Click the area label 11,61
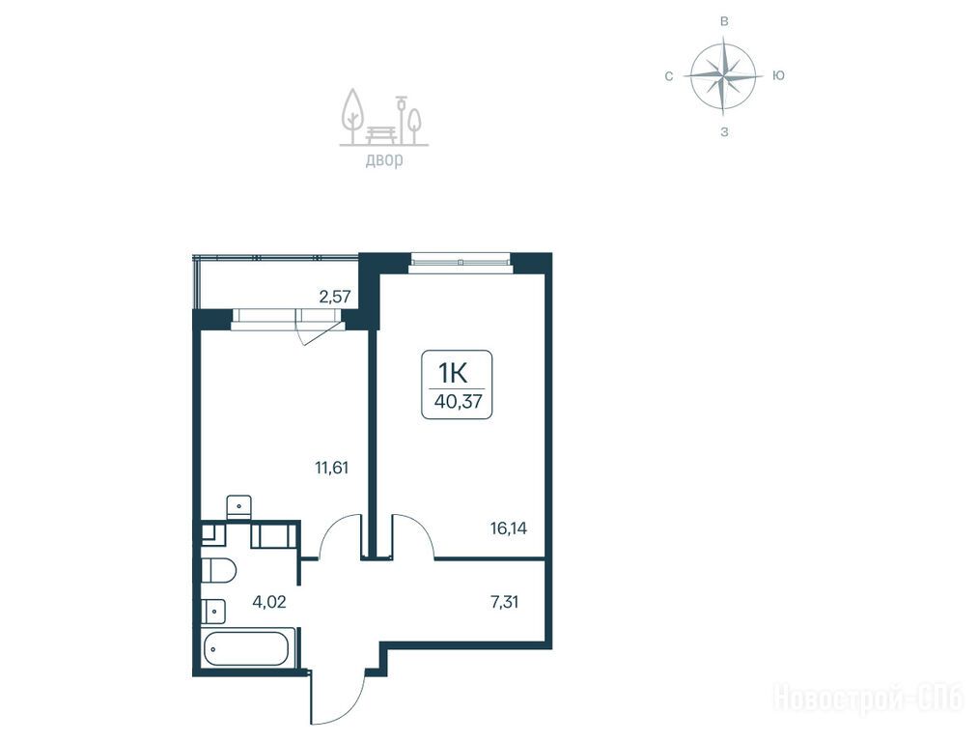tap(331, 468)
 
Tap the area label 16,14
tap(509, 529)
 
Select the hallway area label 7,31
tap(504, 602)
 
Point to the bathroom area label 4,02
tap(268, 602)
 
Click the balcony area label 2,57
tap(334, 297)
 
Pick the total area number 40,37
tap(459, 401)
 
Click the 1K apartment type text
tap(453, 373)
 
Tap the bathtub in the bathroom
tap(246, 649)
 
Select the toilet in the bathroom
tap(218, 571)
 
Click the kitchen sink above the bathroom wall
tap(238, 506)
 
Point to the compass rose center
tap(723, 76)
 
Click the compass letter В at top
tap(724, 22)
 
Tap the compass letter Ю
tap(778, 75)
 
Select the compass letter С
tap(669, 76)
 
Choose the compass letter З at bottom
tap(724, 132)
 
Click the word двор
tap(384, 160)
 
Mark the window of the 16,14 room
tap(460, 262)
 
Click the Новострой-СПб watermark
tap(869, 699)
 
